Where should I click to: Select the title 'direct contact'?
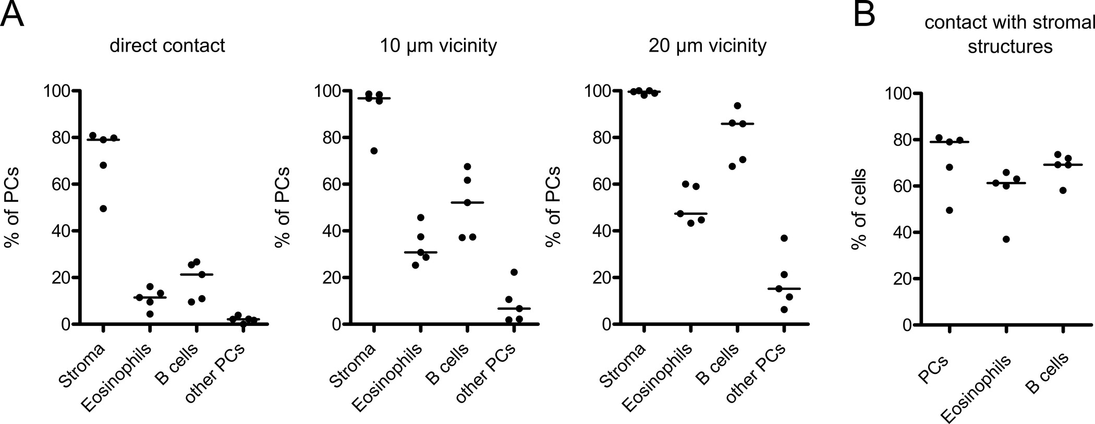(167, 46)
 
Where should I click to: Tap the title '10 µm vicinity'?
(438, 46)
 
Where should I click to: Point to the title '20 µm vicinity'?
(708, 46)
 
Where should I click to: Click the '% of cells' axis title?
(859, 209)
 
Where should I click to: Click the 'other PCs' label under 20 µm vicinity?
(756, 373)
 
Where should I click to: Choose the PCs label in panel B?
(933, 369)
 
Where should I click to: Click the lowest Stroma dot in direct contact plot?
(103, 209)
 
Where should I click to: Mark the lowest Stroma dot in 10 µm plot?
(373, 151)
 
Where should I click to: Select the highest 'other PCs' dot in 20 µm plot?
(784, 238)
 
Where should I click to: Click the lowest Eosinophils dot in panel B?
(1006, 239)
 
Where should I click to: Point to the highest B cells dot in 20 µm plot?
(737, 106)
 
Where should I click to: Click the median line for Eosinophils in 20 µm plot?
(690, 214)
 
